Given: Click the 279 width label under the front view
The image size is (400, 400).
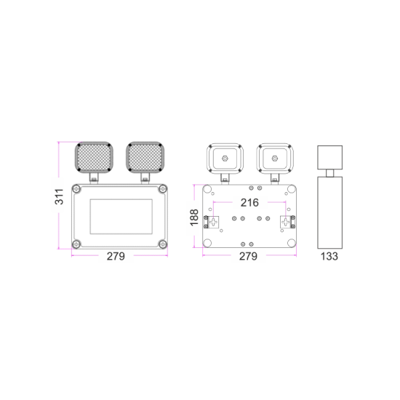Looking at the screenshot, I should click(116, 256).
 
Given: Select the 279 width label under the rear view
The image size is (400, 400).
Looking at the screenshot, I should click(249, 256).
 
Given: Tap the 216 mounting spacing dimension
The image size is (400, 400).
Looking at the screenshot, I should click(249, 202).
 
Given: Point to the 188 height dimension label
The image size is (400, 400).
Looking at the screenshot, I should click(193, 217).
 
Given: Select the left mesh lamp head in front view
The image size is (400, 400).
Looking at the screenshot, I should click(92, 158).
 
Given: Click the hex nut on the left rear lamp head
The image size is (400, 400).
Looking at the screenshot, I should click(224, 157).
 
